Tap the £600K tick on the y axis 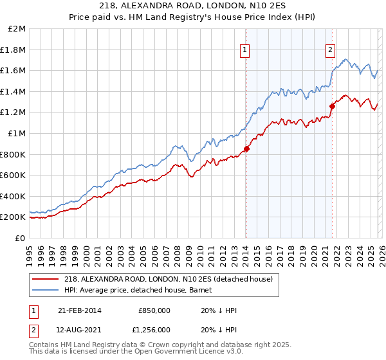click(14, 175)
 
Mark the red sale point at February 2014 click(246, 149)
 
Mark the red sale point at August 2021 click(332, 107)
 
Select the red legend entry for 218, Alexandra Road click(169, 278)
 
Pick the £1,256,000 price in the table click(153, 330)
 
